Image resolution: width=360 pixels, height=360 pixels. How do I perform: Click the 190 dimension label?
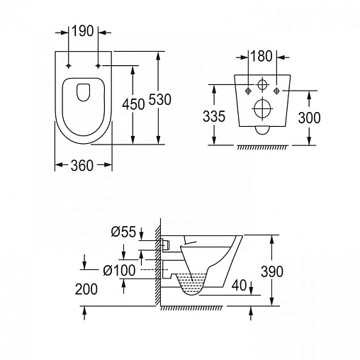(82, 31)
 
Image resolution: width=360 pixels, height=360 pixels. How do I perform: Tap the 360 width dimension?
(82, 165)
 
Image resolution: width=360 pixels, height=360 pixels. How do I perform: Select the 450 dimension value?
(133, 104)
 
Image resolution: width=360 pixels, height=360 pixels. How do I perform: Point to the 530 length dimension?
(160, 99)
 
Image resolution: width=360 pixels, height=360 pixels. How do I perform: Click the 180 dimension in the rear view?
(261, 56)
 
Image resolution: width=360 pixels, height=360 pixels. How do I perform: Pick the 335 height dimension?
(214, 116)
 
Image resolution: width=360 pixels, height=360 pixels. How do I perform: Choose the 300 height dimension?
(309, 118)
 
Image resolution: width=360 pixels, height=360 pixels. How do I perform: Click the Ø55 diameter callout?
(124, 232)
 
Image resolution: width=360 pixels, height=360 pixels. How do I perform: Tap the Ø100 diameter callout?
(119, 270)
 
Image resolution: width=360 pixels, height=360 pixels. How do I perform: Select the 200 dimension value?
(86, 289)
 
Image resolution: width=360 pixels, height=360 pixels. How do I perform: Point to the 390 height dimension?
(272, 271)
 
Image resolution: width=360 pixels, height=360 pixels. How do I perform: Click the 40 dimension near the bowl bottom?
(240, 285)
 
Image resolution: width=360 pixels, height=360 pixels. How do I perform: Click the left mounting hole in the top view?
(69, 66)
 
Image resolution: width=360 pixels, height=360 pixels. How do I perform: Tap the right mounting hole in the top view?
(99, 66)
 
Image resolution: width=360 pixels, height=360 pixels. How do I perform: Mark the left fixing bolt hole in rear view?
(249, 91)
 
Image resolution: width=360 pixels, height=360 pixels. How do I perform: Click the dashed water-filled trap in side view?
(191, 284)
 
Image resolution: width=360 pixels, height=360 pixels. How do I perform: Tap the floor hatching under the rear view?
(263, 147)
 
